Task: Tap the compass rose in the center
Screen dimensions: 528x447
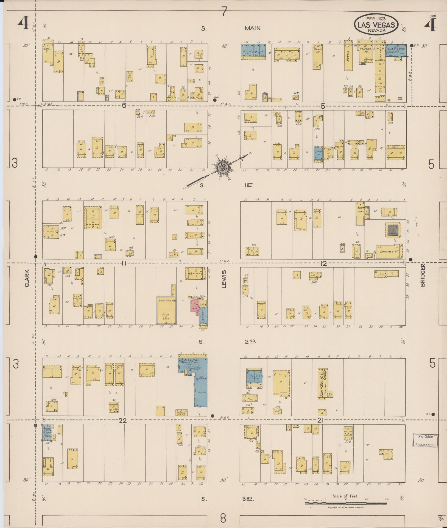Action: pos(221,167)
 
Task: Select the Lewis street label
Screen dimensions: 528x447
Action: pos(224,279)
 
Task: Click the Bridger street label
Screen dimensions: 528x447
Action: pos(422,275)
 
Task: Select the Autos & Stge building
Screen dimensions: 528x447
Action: pos(166,310)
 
